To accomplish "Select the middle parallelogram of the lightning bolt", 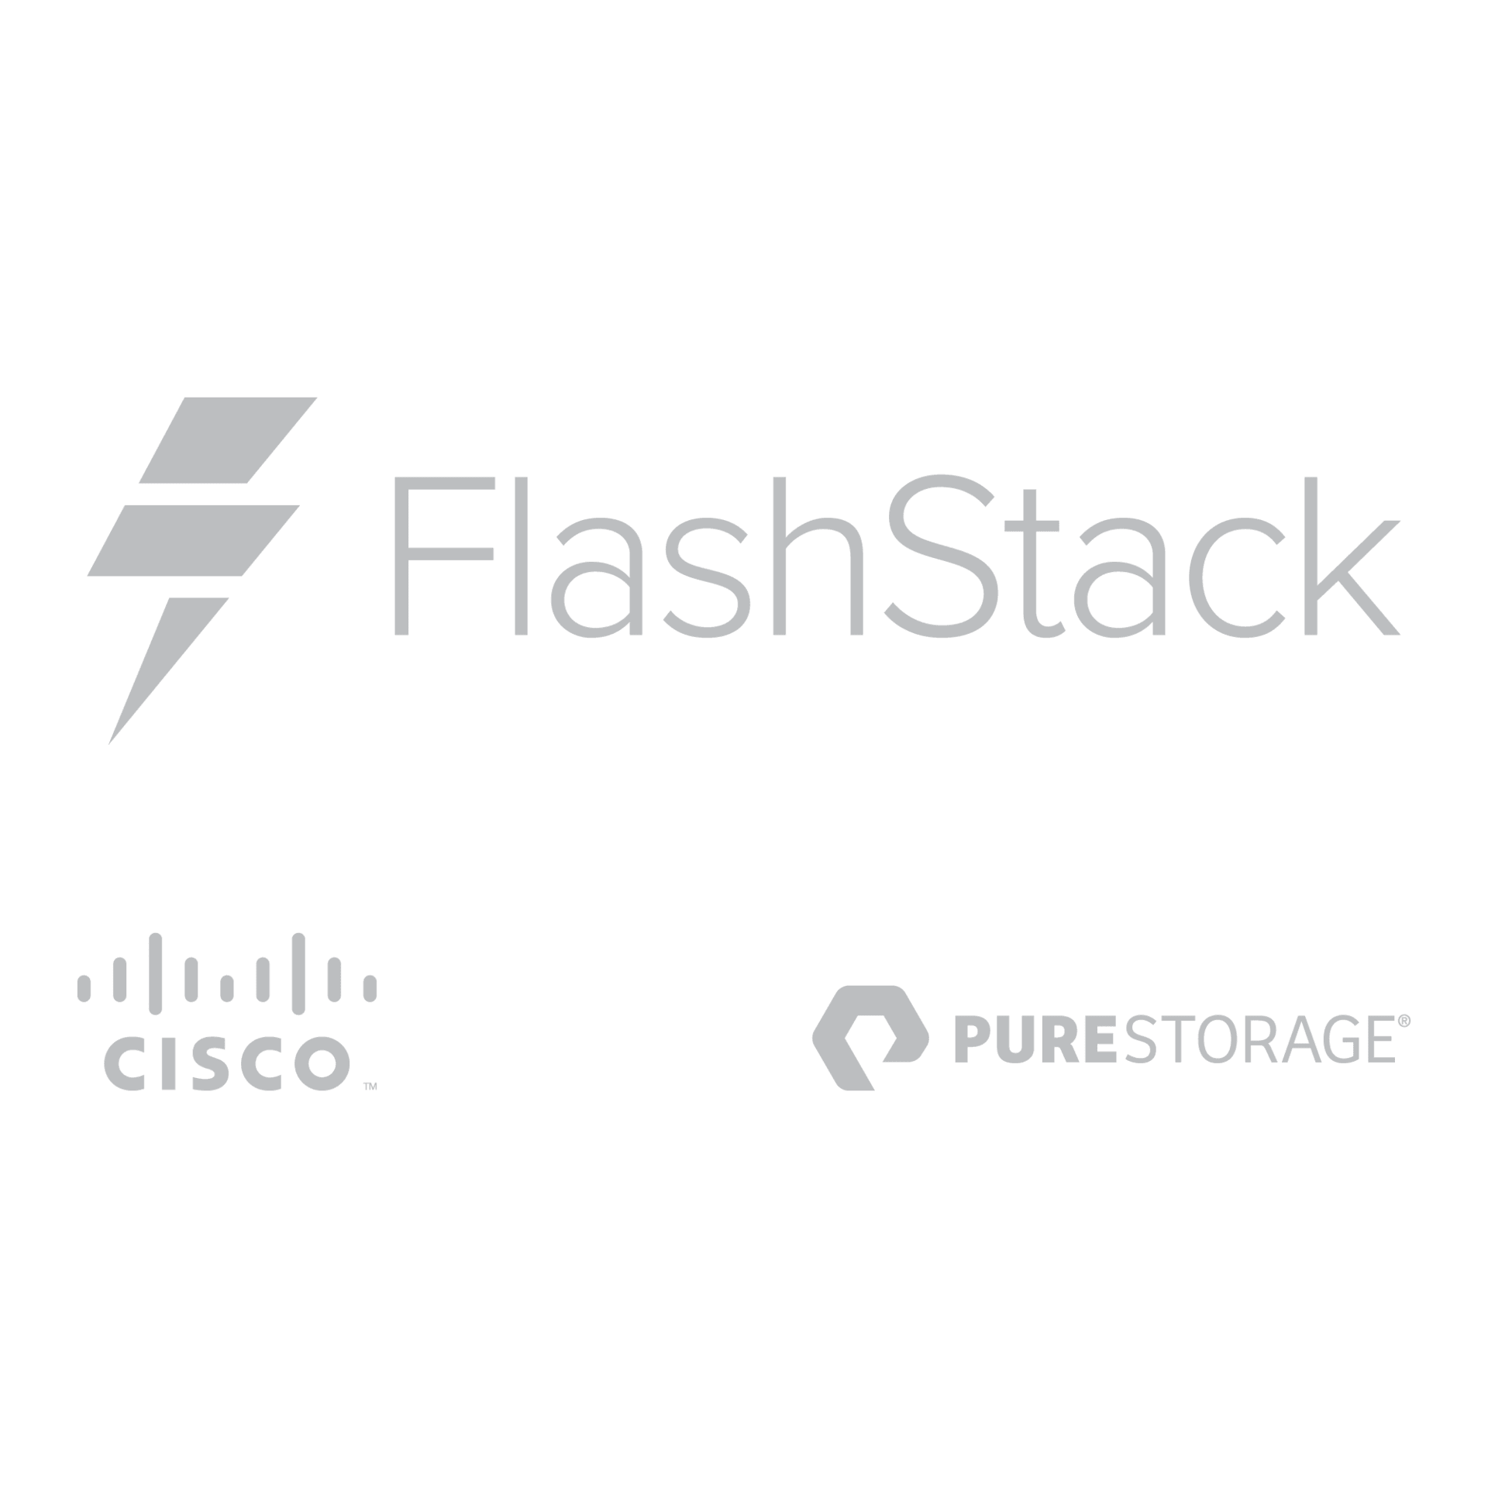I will [194, 539].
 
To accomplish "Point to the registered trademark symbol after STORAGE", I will [1404, 1023].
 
